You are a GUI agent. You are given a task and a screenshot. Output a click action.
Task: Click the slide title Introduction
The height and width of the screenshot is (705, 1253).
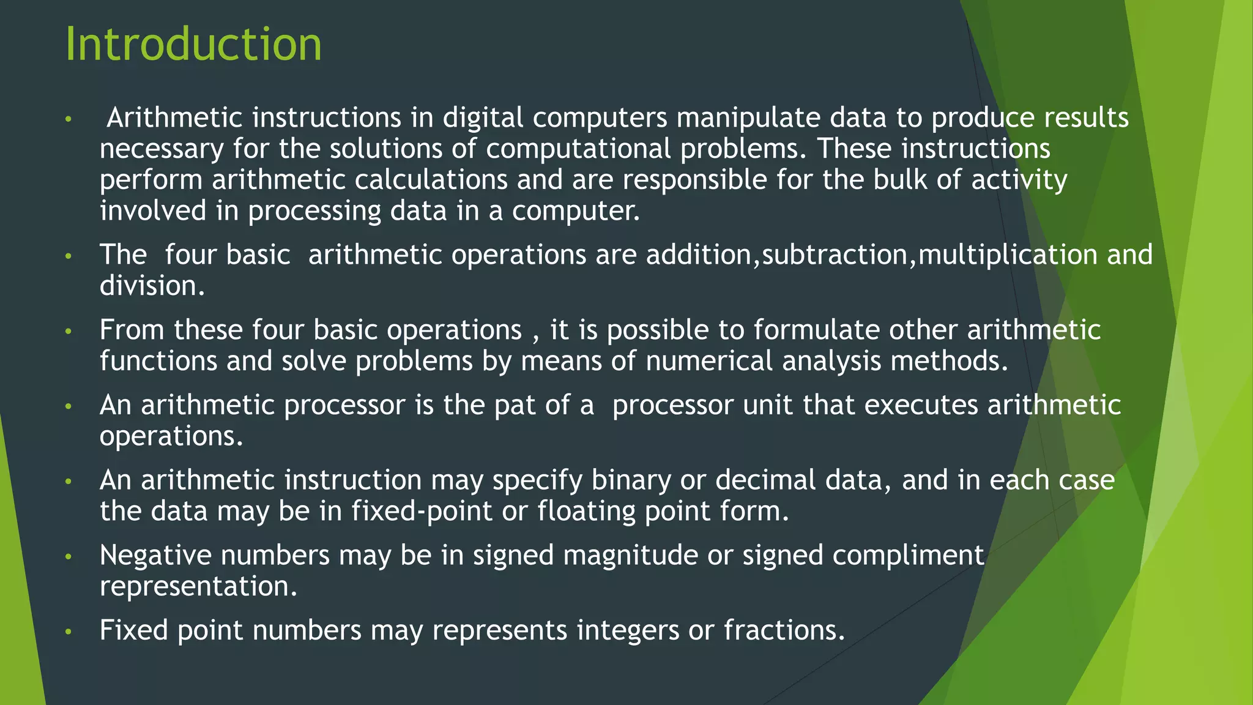(x=193, y=44)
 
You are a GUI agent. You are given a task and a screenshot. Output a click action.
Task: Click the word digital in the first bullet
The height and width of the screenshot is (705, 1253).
(x=483, y=117)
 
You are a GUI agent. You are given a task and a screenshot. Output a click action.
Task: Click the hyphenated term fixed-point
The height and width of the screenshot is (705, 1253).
(x=422, y=512)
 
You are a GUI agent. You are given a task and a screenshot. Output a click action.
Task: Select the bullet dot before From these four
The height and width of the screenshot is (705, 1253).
(x=69, y=332)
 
